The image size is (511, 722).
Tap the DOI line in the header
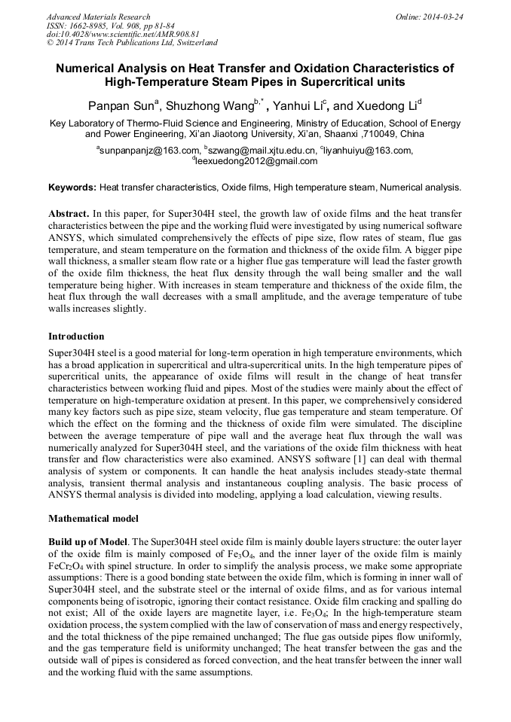tap(123, 34)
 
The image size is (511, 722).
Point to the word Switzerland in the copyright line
tap(191, 43)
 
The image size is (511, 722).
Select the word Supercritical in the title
tap(329, 81)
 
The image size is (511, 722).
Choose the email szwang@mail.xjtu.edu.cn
tap(257, 151)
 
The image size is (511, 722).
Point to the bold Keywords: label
tap(72, 187)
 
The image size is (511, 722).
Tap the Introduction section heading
tap(76, 336)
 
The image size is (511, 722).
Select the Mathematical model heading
tap(93, 519)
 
